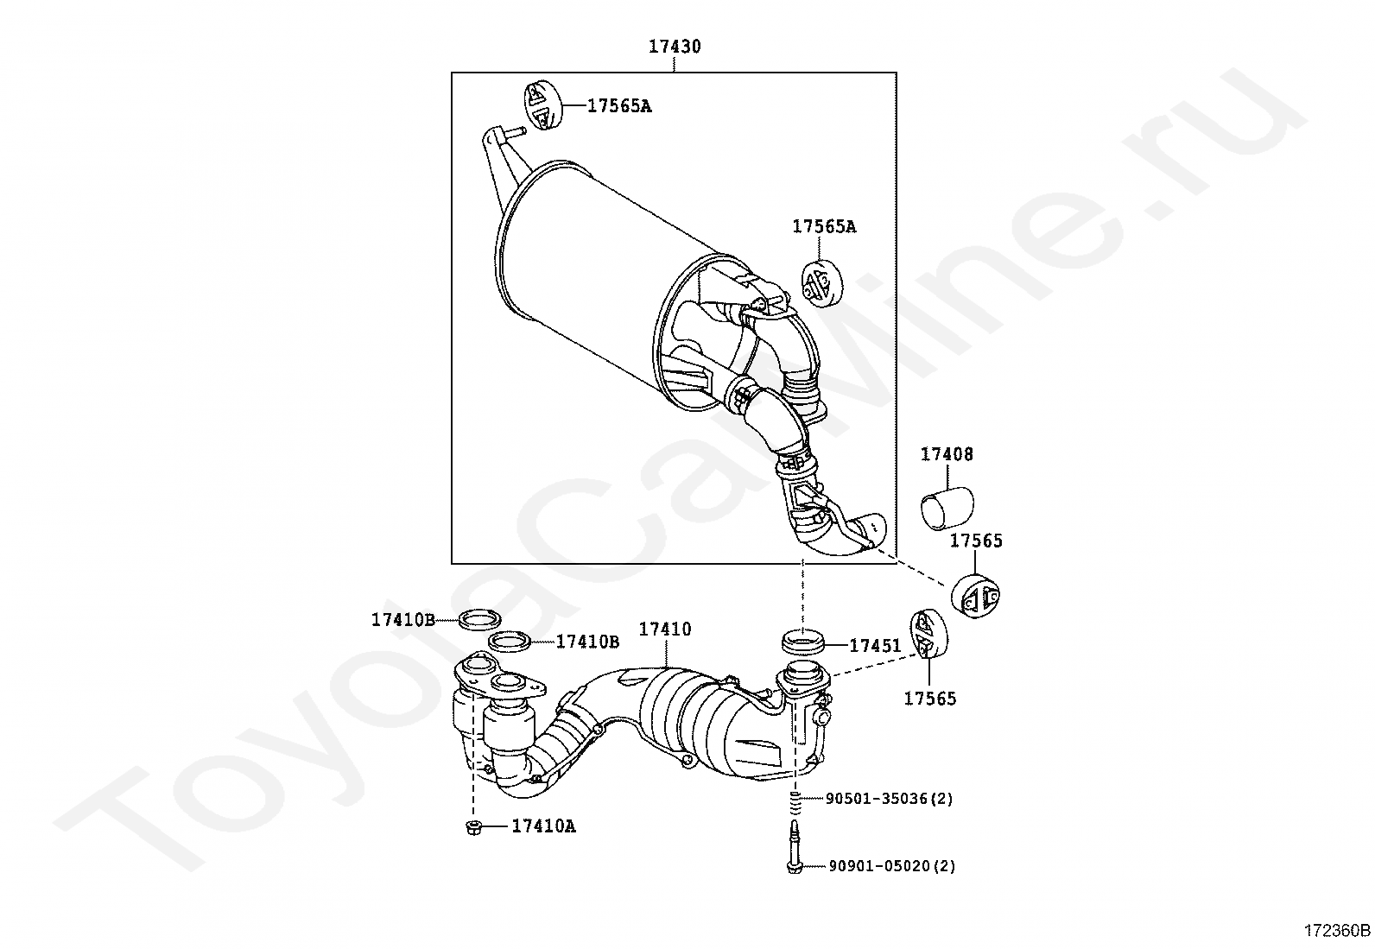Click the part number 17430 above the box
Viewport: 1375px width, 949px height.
(x=675, y=47)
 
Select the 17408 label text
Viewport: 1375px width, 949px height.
(x=947, y=454)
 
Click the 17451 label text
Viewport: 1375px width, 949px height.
(x=875, y=646)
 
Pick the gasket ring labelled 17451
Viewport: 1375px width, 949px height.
(x=802, y=643)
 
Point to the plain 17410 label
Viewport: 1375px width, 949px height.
(x=665, y=630)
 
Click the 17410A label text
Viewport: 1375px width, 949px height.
(x=543, y=826)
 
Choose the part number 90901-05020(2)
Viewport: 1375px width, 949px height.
(x=891, y=866)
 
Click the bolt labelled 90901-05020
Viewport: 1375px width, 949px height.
(x=795, y=851)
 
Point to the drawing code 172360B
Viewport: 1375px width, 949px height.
(x=1337, y=931)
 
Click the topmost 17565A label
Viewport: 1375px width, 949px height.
(x=619, y=106)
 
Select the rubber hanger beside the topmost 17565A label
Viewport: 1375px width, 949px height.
(x=541, y=105)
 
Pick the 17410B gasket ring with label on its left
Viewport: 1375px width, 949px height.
(x=476, y=619)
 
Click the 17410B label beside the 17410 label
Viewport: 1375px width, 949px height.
(x=587, y=642)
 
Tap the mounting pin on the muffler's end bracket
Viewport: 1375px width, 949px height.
(x=512, y=130)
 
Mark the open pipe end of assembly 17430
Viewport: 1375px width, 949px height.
(x=875, y=524)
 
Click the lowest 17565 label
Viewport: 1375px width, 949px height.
(x=930, y=699)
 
